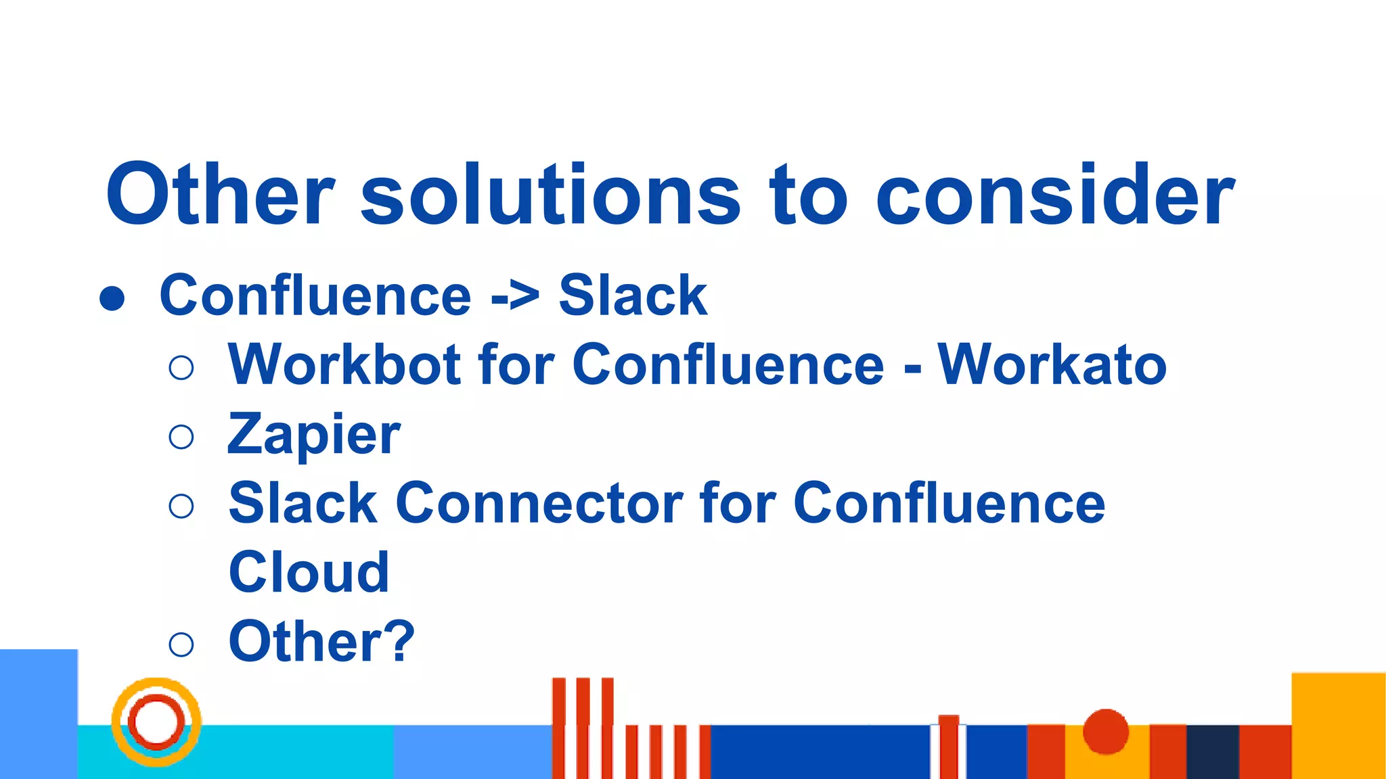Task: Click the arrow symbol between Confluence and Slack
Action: coord(515,296)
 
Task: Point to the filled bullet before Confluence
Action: coord(112,298)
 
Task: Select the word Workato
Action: coord(1052,365)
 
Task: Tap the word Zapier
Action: coord(314,435)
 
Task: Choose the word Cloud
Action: coord(309,573)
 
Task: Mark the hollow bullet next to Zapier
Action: coord(181,437)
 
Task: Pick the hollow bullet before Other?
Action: coord(181,644)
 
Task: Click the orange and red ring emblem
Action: coord(156,722)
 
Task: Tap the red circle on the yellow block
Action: coord(1105,731)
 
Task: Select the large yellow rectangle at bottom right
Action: coord(1338,725)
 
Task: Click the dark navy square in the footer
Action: coord(1212,751)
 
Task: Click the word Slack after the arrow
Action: coord(633,296)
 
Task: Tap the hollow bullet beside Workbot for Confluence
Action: coord(181,367)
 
